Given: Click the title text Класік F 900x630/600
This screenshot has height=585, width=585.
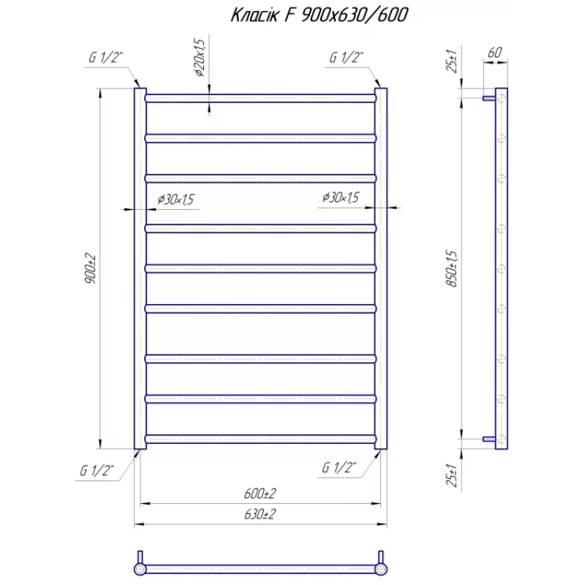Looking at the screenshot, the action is coord(320,15).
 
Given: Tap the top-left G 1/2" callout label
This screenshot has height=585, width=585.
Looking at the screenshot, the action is coord(105,58).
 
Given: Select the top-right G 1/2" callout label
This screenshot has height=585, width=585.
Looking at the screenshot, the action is coord(346,58).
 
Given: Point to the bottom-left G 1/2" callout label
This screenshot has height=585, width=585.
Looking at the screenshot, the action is coord(97,470).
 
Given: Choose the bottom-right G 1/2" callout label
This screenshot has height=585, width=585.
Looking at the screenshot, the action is coord(339,467).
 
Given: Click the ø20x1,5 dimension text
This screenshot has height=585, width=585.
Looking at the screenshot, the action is coord(200,57).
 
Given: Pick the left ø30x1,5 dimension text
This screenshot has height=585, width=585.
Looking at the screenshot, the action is coord(175,200).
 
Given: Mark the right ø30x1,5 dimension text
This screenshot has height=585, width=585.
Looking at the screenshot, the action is coord(341,197).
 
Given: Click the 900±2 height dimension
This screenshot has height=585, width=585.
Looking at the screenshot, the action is coord(90,268).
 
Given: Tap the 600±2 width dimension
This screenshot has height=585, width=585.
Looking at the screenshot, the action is coord(260,494).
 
